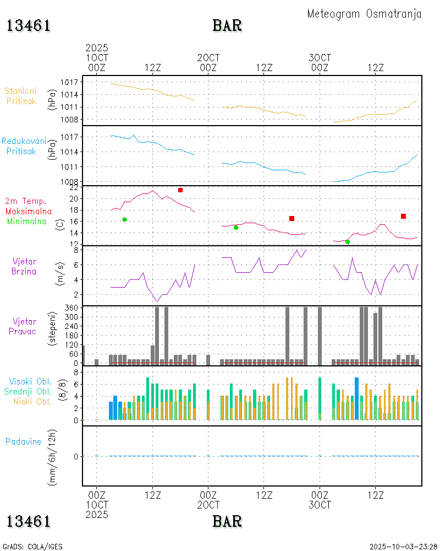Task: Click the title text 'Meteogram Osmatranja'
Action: pos(364,14)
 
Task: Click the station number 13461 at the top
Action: pos(29,26)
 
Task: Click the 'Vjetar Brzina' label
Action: pos(24,266)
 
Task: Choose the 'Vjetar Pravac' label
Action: pos(24,326)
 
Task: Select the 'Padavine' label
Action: pos(24,441)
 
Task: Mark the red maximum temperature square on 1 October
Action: pos(180,190)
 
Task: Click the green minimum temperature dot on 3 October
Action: pos(348,242)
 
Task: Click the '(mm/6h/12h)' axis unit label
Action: pos(54,456)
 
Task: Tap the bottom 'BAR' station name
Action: pos(227,521)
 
